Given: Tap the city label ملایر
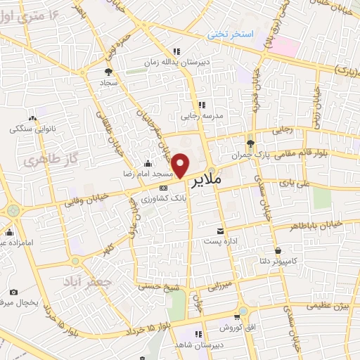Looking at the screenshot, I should point(225,180).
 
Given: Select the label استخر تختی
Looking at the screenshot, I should point(229,34).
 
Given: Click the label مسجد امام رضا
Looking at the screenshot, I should point(165,172).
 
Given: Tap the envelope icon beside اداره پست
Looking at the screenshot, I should point(221,231).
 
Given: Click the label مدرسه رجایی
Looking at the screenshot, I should point(202,115).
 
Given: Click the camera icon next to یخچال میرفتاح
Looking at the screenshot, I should point(13,292).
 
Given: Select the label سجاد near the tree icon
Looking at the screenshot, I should point(108,82).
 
